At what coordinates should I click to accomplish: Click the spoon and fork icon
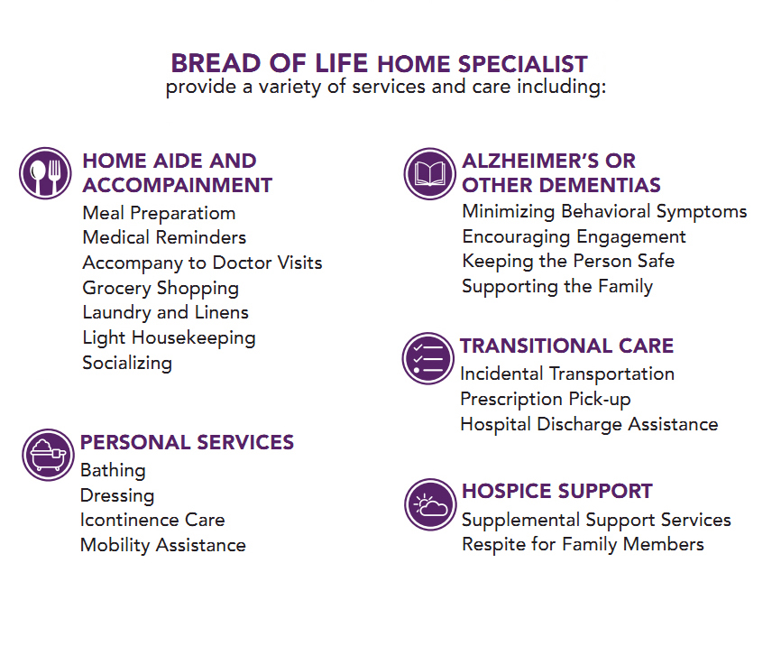point(45,173)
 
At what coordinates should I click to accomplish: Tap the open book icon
point(430,174)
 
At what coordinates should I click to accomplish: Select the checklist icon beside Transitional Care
point(427,358)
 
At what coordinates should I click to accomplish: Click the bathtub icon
point(48,455)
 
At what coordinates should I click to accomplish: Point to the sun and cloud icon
point(430,504)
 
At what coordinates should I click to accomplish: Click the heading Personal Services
point(187,442)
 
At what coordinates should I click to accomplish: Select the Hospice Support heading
point(557,491)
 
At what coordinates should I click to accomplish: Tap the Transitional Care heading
point(566,346)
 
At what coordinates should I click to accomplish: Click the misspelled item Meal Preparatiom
point(159,214)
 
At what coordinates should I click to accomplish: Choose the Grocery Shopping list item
point(161,289)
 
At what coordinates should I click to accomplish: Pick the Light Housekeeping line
point(169,338)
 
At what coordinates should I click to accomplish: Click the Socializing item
point(127,364)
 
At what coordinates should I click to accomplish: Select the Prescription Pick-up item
point(546,400)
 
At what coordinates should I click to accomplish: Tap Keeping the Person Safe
point(568,262)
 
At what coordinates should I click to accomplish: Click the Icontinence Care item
point(152,520)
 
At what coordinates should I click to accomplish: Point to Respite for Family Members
point(583,545)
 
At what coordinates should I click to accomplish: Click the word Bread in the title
point(216,63)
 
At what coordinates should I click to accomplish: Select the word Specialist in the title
point(523,64)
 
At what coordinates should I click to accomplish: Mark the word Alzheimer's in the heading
point(529,161)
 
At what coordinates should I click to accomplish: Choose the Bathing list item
point(113,471)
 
